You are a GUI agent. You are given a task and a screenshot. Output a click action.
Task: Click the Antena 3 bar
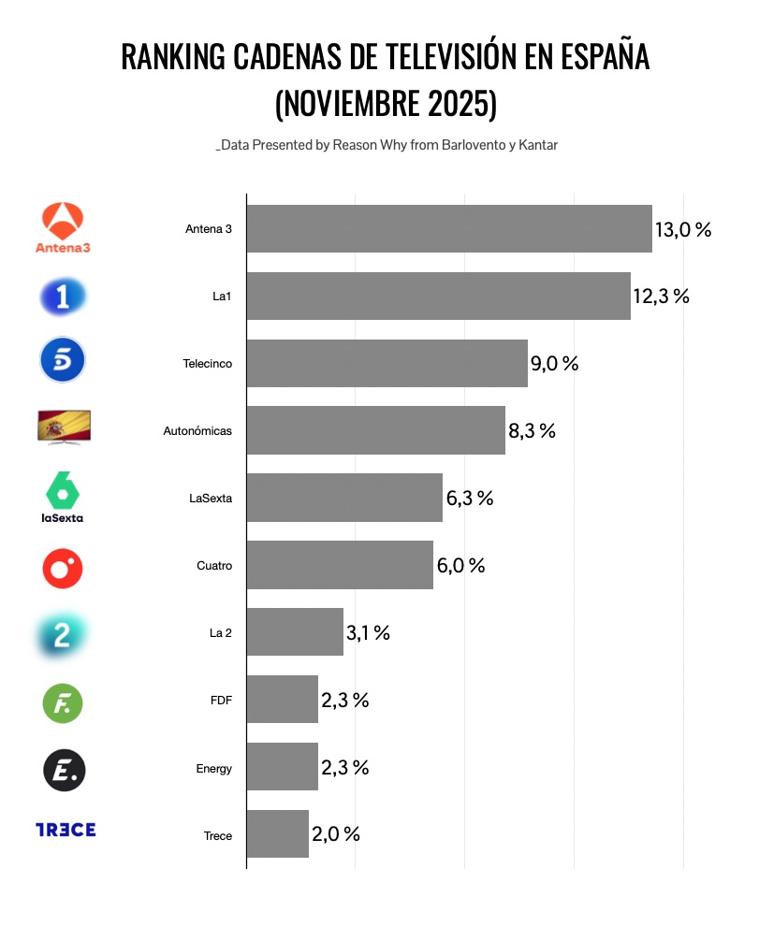click(x=449, y=228)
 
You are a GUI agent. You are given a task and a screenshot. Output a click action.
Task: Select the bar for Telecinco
click(x=387, y=363)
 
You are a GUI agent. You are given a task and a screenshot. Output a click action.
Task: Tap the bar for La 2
click(x=295, y=632)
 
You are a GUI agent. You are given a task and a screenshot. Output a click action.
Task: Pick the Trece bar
click(x=277, y=834)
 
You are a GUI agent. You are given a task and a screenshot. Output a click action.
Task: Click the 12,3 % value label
click(x=662, y=297)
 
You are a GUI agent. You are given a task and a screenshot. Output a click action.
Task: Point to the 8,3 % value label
click(x=533, y=431)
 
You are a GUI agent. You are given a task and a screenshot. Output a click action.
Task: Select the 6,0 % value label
click(x=460, y=566)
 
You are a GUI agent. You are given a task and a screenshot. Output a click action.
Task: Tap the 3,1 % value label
click(x=368, y=633)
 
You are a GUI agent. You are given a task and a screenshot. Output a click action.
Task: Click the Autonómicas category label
click(x=197, y=431)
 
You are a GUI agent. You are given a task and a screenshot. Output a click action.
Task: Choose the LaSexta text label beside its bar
click(x=211, y=499)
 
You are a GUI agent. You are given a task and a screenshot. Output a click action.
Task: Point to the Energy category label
click(x=214, y=769)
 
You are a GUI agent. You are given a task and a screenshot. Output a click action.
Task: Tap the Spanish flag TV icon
click(x=64, y=426)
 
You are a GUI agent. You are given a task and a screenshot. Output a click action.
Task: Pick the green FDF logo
click(x=64, y=703)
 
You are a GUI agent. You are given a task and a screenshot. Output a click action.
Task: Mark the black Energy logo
click(x=65, y=771)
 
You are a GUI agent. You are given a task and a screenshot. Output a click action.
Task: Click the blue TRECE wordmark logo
click(x=66, y=830)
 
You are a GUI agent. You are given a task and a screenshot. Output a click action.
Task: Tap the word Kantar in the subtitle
click(x=537, y=145)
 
